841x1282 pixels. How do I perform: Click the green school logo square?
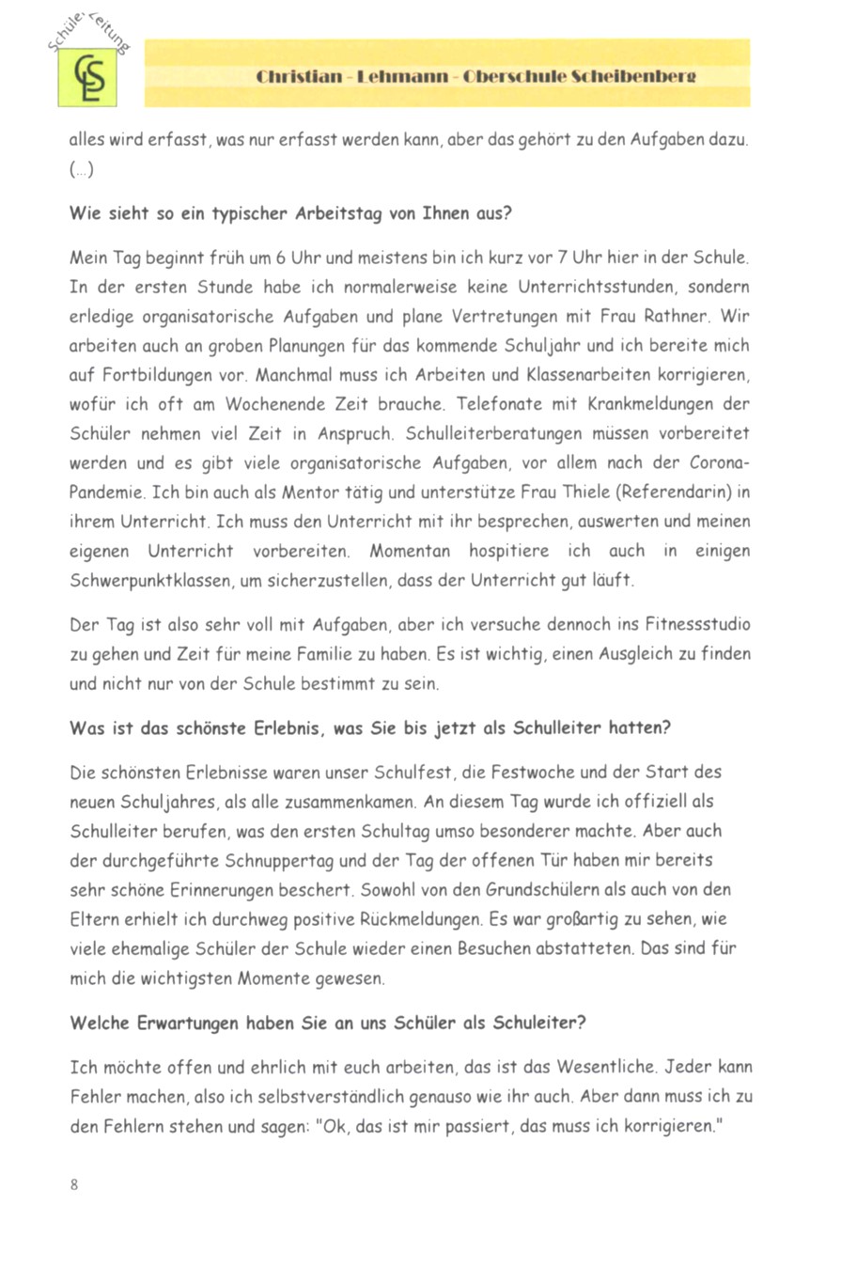(87, 78)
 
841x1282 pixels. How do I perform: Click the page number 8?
(74, 1184)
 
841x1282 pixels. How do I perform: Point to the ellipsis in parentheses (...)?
(82, 169)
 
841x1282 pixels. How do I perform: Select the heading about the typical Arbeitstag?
(290, 212)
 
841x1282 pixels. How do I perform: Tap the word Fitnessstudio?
(687, 625)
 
